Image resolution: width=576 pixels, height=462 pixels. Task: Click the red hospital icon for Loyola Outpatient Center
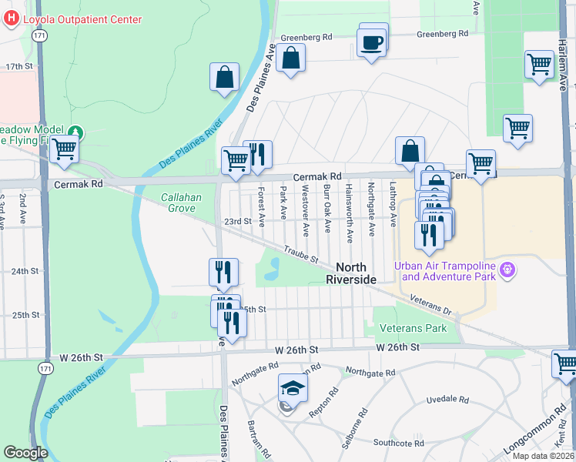pyautogui.click(x=10, y=20)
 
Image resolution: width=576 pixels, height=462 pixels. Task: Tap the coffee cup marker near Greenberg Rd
pyautogui.click(x=373, y=41)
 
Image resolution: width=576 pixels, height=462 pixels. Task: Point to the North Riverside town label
pyautogui.click(x=350, y=273)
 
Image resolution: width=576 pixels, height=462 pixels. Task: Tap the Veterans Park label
pyautogui.click(x=414, y=328)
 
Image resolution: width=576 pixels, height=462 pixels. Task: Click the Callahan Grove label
pyautogui.click(x=181, y=203)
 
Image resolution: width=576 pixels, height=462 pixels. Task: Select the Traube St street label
pyautogui.click(x=300, y=252)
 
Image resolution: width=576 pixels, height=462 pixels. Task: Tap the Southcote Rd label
pyautogui.click(x=396, y=444)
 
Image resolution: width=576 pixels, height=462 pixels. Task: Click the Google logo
pyautogui.click(x=25, y=453)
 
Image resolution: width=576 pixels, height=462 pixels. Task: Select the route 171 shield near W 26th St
pyautogui.click(x=39, y=370)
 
